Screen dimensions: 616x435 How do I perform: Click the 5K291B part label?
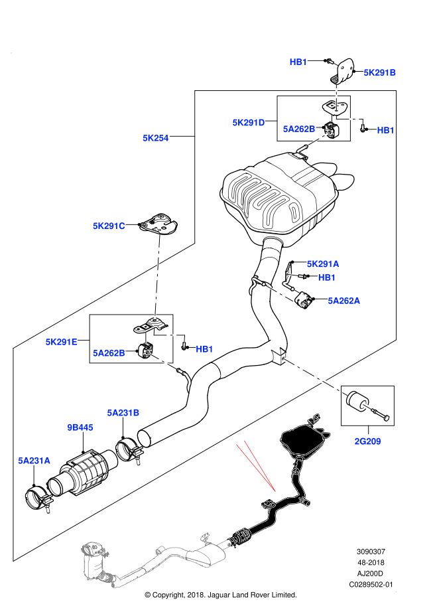pyautogui.click(x=379, y=72)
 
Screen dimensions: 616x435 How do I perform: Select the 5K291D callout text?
pyautogui.click(x=248, y=122)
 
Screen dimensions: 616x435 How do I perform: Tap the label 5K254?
pyautogui.click(x=155, y=138)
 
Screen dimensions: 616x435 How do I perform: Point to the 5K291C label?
pyautogui.click(x=109, y=226)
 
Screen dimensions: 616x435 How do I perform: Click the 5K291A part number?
pyautogui.click(x=322, y=264)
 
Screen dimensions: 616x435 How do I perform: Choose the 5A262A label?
pyautogui.click(x=343, y=300)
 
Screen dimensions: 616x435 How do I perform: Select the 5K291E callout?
pyautogui.click(x=61, y=341)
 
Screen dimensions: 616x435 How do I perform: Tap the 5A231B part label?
pyautogui.click(x=123, y=412)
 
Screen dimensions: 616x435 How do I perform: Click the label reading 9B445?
pyautogui.click(x=80, y=427)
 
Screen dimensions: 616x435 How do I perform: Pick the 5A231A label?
pyautogui.click(x=34, y=460)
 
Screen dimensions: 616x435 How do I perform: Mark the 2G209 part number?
pyautogui.click(x=367, y=441)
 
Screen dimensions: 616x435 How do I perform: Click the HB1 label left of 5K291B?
pyautogui.click(x=298, y=62)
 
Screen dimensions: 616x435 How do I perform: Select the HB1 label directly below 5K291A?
pyautogui.click(x=327, y=277)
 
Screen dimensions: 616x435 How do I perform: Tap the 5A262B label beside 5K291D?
pyautogui.click(x=298, y=129)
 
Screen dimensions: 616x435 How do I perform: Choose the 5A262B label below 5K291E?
pyautogui.click(x=109, y=352)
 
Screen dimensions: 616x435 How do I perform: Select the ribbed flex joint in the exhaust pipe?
pyautogui.click(x=240, y=535)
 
